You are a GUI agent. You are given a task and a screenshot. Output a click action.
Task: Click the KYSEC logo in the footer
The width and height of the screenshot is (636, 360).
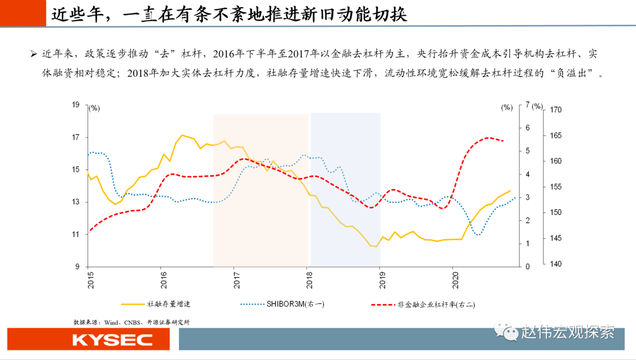click(x=112, y=340)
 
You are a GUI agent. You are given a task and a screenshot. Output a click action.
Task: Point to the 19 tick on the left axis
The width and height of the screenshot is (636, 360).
click(x=75, y=105)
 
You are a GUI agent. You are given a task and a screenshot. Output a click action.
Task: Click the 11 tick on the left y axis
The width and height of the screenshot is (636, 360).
click(x=75, y=235)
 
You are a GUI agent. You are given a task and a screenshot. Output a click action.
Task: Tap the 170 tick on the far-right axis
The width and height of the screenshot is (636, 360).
click(x=555, y=110)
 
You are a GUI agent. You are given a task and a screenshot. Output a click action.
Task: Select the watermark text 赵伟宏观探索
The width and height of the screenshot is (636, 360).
click(x=567, y=332)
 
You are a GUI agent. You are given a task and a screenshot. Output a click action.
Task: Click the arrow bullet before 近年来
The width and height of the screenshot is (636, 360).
click(x=34, y=54)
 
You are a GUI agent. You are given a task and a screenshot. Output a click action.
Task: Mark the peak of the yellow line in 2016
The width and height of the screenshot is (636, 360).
click(x=182, y=135)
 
